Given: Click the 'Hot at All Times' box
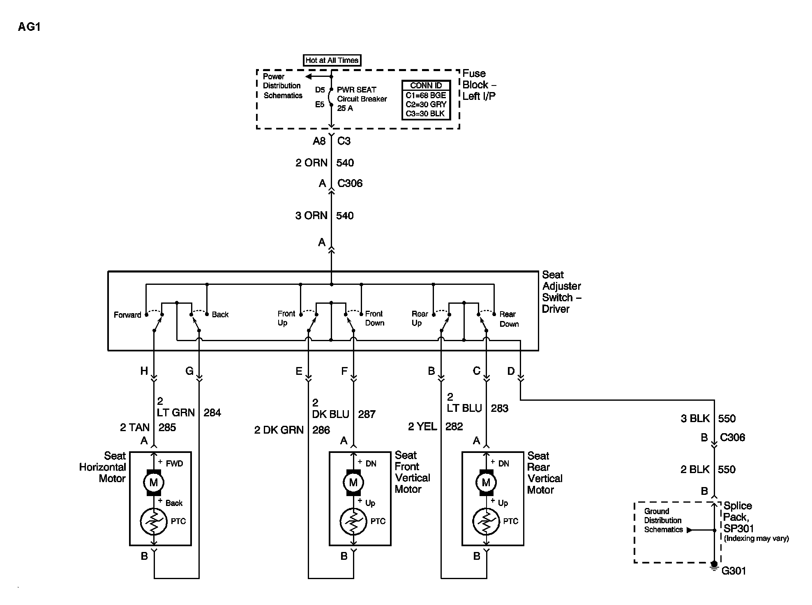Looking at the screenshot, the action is tap(332, 60).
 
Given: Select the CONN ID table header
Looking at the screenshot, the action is tap(426, 85).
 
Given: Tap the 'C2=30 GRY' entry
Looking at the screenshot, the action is tap(426, 104).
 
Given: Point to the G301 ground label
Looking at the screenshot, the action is tap(734, 570).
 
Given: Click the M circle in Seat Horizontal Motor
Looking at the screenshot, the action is tap(154, 483).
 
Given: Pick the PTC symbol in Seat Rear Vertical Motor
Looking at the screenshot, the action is tap(486, 521).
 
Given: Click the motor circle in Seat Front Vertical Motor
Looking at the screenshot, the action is tap(353, 483).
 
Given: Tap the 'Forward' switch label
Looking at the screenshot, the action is tap(127, 315).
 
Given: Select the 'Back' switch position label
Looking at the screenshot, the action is tap(220, 314).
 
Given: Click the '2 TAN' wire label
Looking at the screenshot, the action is tap(135, 427).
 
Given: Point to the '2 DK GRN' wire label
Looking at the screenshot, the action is tap(279, 430).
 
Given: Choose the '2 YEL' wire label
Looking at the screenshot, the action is tap(422, 427).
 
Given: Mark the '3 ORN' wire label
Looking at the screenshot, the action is tap(311, 215).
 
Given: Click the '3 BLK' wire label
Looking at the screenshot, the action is tap(695, 418).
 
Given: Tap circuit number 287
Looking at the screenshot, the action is tap(367, 414).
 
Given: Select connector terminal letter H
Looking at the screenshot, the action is tap(144, 371).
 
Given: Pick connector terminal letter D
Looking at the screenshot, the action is tap(511, 371).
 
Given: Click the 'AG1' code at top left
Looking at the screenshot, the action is tap(29, 27).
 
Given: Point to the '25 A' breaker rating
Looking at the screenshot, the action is tap(345, 108).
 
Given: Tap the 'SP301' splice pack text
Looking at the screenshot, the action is tap(739, 528).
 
